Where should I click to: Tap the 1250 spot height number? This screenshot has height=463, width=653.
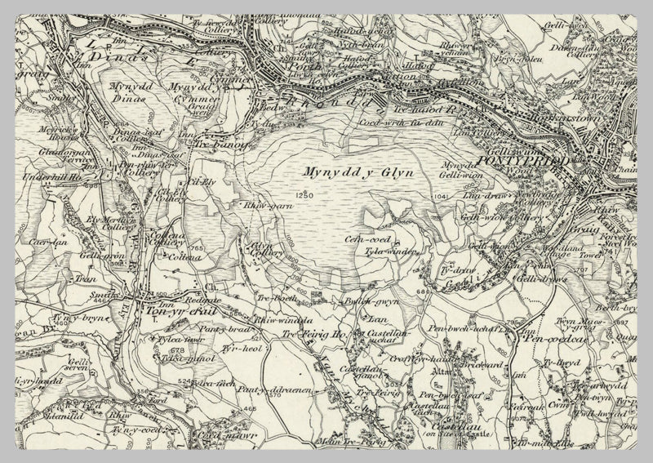pos(305,196)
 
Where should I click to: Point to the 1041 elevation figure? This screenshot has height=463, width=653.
pos(442,197)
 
